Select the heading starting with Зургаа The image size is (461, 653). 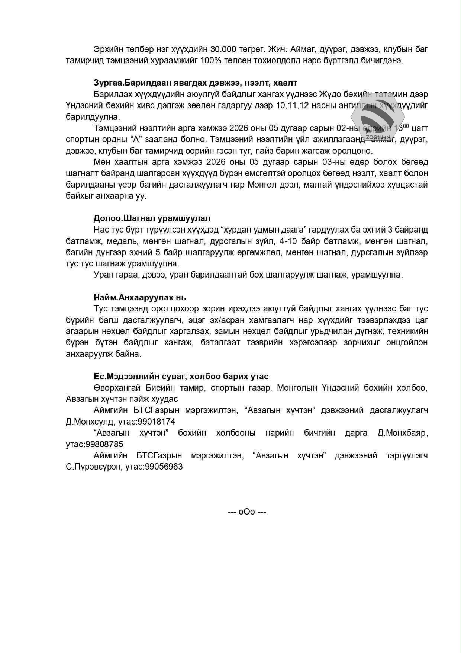coord(195,83)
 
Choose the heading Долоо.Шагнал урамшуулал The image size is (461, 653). coord(152,218)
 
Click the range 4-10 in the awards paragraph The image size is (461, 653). coord(288,241)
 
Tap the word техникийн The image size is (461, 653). coord(407,331)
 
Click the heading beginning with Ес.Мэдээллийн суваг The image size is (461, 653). coord(181,376)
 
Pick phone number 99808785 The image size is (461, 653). coord(104,444)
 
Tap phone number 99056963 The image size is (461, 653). coord(164,467)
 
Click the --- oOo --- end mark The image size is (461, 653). coord(247,512)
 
